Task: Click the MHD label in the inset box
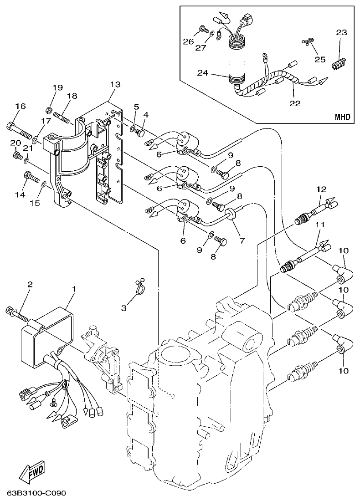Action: point(343,117)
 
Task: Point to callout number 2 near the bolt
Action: point(30,284)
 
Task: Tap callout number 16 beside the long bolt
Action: point(21,106)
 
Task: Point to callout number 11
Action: point(320,225)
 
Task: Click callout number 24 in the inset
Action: point(203,72)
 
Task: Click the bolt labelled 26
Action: point(201,31)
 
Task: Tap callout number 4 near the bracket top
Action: point(146,114)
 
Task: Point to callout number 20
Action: point(15,143)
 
